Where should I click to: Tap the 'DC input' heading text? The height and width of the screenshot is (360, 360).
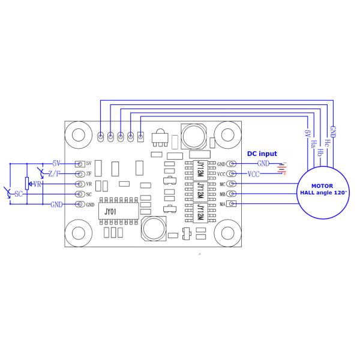(262, 154)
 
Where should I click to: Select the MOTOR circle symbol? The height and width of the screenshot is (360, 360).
(324, 190)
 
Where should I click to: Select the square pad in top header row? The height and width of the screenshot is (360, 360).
(140, 137)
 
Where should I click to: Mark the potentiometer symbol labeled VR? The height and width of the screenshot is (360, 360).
(26, 184)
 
